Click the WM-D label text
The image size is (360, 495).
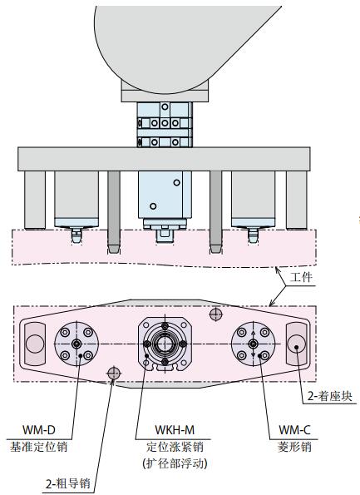pos(39,429)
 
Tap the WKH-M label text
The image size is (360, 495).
pos(175,429)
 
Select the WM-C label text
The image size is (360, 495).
pos(294,429)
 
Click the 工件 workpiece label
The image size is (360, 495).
pos(301,277)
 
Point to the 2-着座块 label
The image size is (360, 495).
pos(329,396)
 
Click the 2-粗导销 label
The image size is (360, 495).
pos(68,483)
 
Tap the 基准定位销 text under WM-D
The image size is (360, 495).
pos(38,447)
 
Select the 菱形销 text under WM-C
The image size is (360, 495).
pos(294,447)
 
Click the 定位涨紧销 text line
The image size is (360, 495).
pos(175,447)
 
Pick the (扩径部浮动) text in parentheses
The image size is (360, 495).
pos(175,463)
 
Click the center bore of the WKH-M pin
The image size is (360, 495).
pos(165,344)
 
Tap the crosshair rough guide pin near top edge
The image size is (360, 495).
pos(216,314)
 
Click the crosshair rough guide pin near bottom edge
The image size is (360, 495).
pos(114,374)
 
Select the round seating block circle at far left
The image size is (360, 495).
pos(35,344)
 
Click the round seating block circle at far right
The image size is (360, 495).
pos(296,344)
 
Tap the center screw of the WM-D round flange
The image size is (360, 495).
pos(76,344)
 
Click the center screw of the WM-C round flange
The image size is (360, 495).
pos(253,344)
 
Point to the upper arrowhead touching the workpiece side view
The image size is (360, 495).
pos(278,270)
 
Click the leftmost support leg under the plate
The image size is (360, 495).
pos(35,200)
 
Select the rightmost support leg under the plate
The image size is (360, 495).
pos(296,200)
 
